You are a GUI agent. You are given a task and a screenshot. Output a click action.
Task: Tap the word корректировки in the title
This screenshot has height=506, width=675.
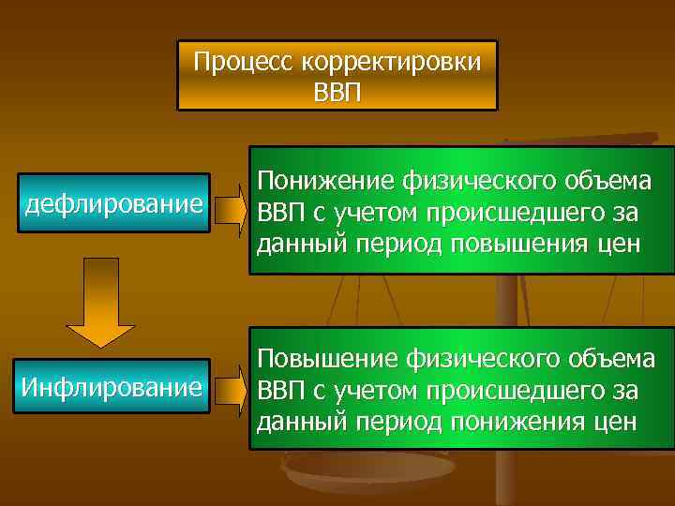390,63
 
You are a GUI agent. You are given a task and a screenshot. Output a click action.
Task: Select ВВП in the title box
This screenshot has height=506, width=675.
337,93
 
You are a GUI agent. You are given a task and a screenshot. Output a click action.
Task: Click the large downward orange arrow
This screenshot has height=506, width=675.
100,301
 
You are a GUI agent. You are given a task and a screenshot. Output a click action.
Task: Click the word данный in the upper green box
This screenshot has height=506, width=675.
298,244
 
